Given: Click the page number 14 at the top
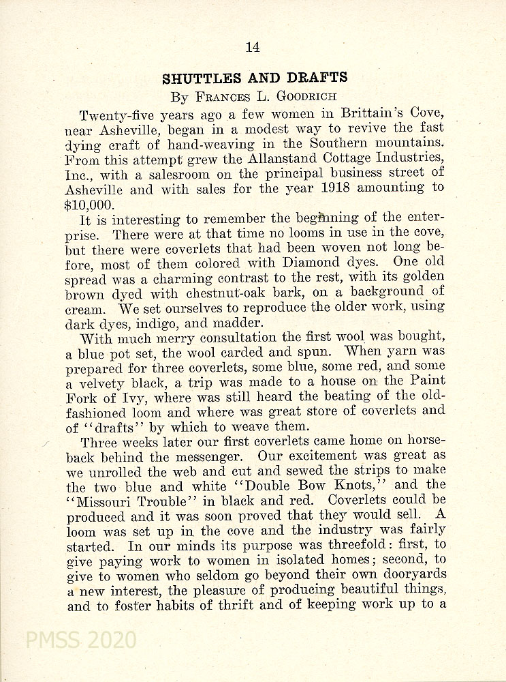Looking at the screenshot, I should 253,47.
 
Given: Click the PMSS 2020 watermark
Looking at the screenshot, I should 80,640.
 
